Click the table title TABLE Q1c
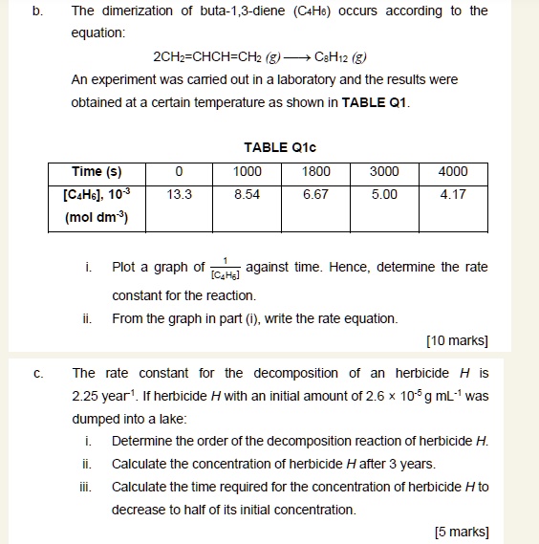pyautogui.click(x=279, y=147)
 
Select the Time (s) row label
pyautogui.click(x=97, y=172)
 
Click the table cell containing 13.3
pyautogui.click(x=179, y=194)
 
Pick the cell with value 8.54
pyautogui.click(x=248, y=194)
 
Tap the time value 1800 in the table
pyautogui.click(x=315, y=172)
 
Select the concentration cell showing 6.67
pyautogui.click(x=315, y=194)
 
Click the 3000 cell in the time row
pyautogui.click(x=384, y=172)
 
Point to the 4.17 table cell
pyautogui.click(x=453, y=194)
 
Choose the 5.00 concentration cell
pyautogui.click(x=384, y=194)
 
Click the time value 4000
pyautogui.click(x=453, y=172)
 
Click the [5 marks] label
pyautogui.click(x=461, y=532)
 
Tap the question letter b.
pyautogui.click(x=38, y=11)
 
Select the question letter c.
pyautogui.click(x=38, y=373)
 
